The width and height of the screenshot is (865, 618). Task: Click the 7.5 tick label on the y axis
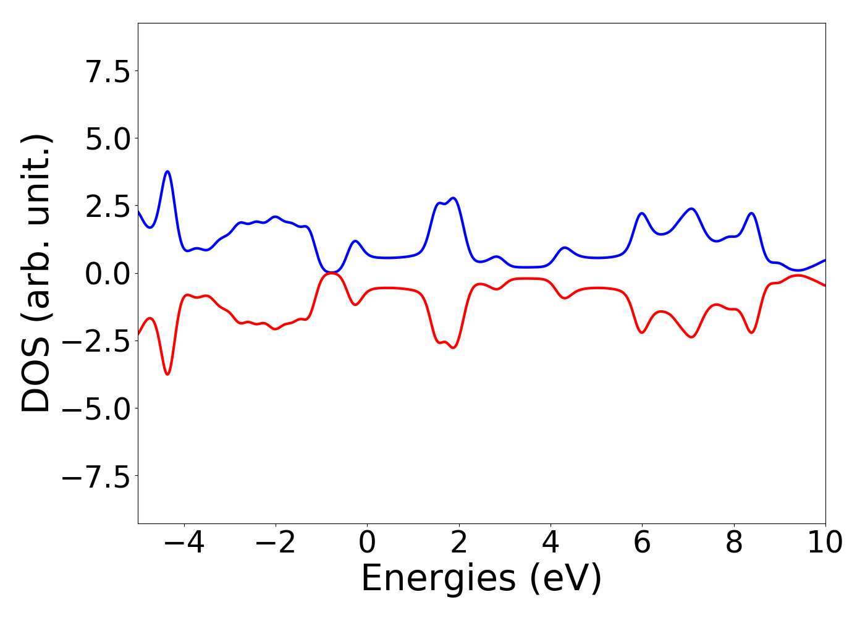(x=108, y=72)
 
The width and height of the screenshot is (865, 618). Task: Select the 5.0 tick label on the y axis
(x=108, y=139)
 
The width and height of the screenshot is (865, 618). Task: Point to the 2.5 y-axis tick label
(x=108, y=206)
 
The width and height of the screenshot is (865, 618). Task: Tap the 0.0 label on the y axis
(x=108, y=274)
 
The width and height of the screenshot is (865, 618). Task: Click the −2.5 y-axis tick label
(x=96, y=341)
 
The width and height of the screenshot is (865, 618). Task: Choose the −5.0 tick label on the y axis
(x=96, y=408)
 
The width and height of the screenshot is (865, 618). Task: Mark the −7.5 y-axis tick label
(x=96, y=476)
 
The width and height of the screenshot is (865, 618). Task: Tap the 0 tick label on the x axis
(x=367, y=543)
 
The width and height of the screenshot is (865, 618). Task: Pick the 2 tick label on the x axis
(x=458, y=543)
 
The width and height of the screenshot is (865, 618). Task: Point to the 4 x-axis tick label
(x=551, y=543)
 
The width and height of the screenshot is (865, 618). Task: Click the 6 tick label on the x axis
(x=642, y=543)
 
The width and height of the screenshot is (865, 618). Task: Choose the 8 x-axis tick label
(x=734, y=543)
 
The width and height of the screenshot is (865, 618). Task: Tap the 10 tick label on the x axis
(x=825, y=543)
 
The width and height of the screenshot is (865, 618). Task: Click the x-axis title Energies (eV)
(x=481, y=579)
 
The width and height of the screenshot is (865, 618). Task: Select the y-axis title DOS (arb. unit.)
(x=37, y=273)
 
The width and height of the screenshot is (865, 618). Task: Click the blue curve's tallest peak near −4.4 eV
(x=167, y=172)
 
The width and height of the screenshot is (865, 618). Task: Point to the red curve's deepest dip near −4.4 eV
(x=167, y=374)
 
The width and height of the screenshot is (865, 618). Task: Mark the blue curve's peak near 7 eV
(x=691, y=209)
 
